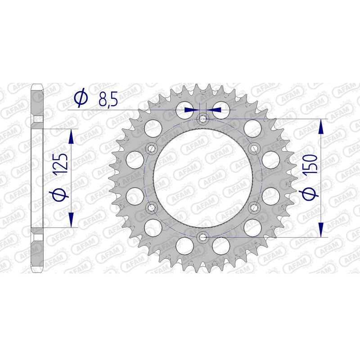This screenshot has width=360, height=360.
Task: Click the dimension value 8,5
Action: pyautogui.click(x=108, y=99)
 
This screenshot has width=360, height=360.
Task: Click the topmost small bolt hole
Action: pyautogui.click(x=202, y=119)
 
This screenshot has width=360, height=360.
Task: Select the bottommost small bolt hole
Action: pyautogui.click(x=202, y=237)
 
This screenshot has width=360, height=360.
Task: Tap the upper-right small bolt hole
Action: pyautogui.click(x=253, y=148)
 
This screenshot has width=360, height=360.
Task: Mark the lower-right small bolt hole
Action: pyautogui.click(x=253, y=207)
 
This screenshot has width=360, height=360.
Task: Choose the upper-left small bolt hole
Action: pyautogui.click(x=151, y=148)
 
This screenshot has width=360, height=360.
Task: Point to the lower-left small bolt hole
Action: pyautogui.click(x=151, y=207)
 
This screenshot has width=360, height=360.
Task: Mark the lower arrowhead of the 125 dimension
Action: pyautogui.click(x=71, y=220)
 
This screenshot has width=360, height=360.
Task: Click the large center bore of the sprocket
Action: pyautogui.click(x=202, y=178)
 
